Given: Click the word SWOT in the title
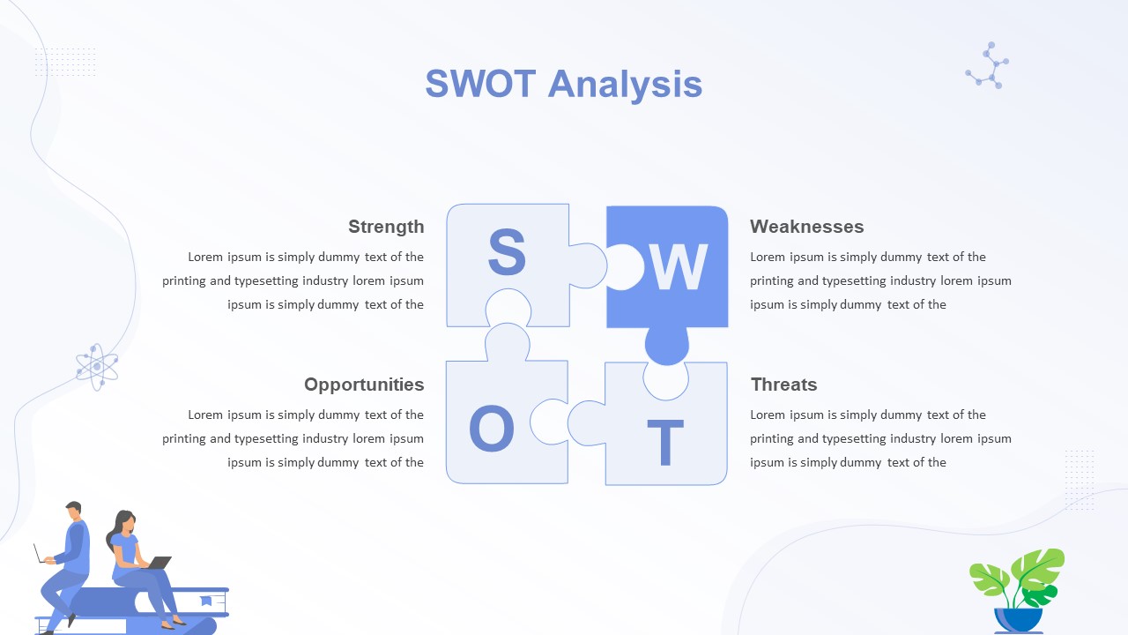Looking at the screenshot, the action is pos(480,84).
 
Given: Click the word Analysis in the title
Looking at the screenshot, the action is pos(625,86).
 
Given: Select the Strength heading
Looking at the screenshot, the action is pos(386,228).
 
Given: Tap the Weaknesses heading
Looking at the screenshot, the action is pos(806,227).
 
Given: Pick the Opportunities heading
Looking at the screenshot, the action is pos(364,385).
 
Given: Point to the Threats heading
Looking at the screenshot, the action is pos(783,385).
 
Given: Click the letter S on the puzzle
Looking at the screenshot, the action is pos(507,251).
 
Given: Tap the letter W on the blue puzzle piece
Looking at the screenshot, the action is pos(678,267).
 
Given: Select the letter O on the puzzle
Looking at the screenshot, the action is pos(492,429).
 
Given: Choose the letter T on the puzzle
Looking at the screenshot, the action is pos(665,443).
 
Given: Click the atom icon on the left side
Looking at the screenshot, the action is pos(97,367).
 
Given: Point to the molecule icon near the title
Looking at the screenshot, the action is pos(988,66).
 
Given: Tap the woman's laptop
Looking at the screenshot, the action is pos(160,563).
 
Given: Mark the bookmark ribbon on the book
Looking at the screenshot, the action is pos(206,601).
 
